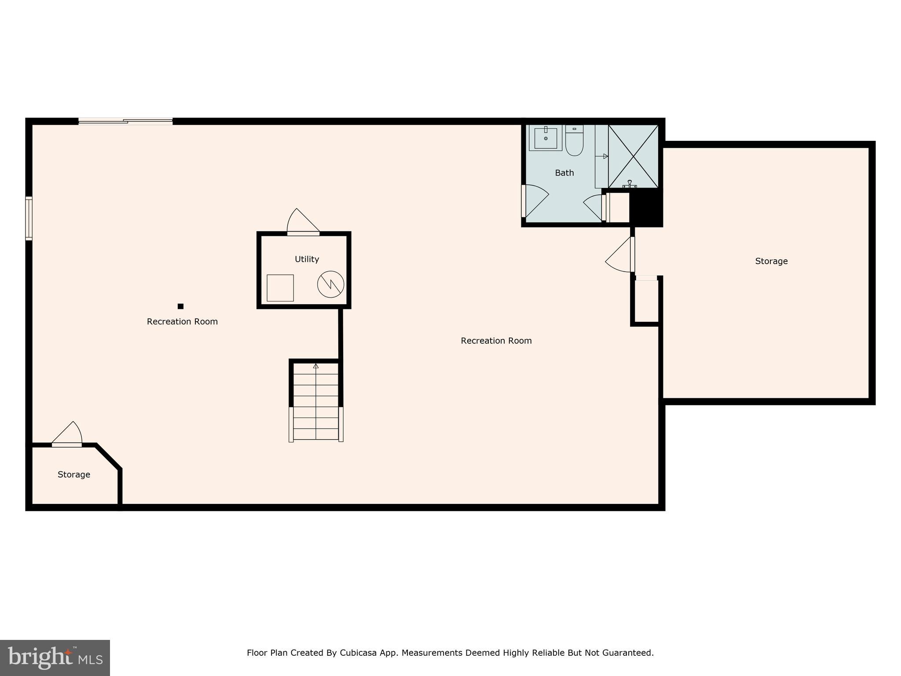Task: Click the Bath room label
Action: (564, 173)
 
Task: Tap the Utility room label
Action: (307, 259)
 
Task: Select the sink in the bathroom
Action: (546, 138)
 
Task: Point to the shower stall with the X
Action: (633, 156)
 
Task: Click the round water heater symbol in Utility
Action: (330, 284)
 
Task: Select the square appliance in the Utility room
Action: (280, 288)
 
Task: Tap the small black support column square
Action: (180, 306)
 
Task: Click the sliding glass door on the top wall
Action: (126, 121)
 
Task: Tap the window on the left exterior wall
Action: (29, 218)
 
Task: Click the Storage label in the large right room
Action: (771, 261)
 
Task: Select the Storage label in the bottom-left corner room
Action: (74, 474)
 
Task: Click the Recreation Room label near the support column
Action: (182, 322)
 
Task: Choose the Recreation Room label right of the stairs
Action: (496, 341)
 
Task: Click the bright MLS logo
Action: (55, 658)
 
